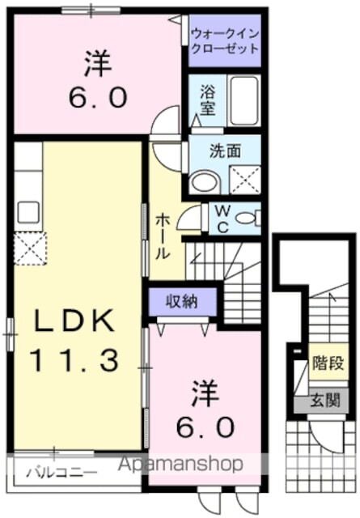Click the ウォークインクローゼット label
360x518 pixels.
225,40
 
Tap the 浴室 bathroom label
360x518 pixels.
208,101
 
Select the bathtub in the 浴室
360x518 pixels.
244,100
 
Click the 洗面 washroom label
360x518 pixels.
224,150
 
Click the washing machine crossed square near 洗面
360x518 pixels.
245,179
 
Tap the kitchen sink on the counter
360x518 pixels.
28,212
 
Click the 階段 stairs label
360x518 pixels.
327,365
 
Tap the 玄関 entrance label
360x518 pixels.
327,401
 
